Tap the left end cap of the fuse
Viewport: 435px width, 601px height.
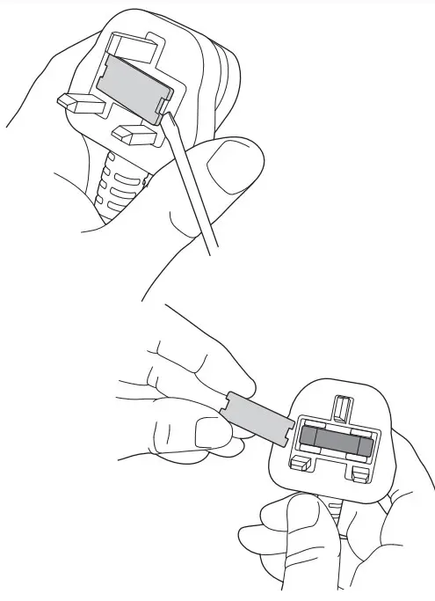coord(308,437)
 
